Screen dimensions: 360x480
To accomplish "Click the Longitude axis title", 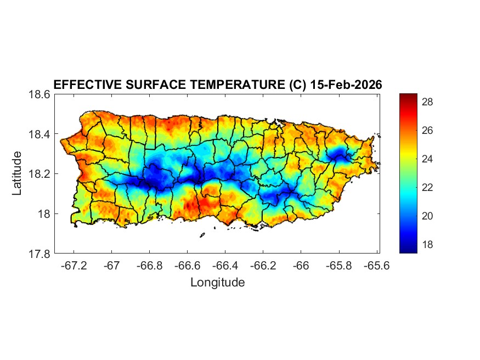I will pos(217,283).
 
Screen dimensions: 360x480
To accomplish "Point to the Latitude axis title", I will pos(17,173).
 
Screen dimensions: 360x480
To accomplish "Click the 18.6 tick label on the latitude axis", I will pos(39,94).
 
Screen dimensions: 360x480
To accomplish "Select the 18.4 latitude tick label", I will pos(39,134).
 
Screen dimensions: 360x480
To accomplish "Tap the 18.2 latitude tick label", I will pos(39,174).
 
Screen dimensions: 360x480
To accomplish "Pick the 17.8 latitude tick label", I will pos(39,254).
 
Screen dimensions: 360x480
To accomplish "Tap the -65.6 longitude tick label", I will pos(376,265).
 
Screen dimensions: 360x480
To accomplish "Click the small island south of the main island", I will pos(202,235).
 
